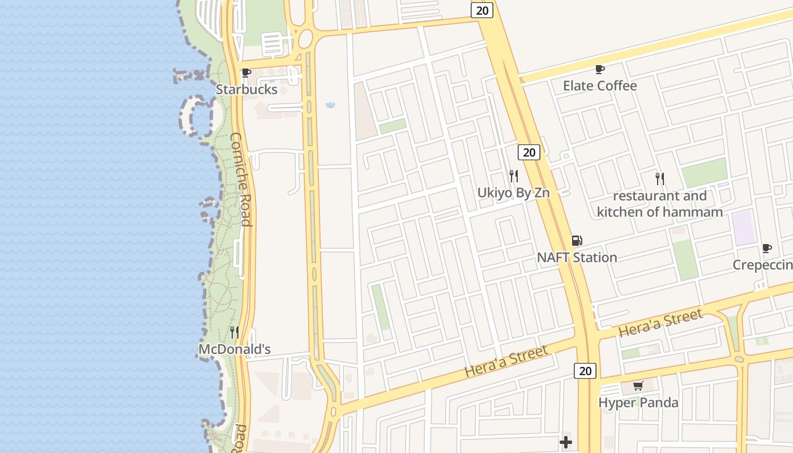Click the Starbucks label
point(246,89)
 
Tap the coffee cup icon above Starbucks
point(246,73)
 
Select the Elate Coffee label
point(600,86)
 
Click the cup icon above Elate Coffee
point(600,69)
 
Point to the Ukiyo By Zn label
point(513,193)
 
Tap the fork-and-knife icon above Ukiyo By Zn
point(513,176)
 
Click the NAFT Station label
point(577,257)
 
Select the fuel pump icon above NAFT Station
point(577,241)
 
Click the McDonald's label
point(235,349)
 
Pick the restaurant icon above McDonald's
point(235,332)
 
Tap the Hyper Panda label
point(638,403)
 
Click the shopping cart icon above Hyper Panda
point(638,386)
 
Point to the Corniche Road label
point(241,179)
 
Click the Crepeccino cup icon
point(767,248)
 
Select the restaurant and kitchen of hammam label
point(660,204)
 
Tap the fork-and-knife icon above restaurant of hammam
point(660,179)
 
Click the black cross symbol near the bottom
point(565,442)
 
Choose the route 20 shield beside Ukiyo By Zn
point(528,152)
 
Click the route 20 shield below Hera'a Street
point(585,371)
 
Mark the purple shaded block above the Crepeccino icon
point(744,228)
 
